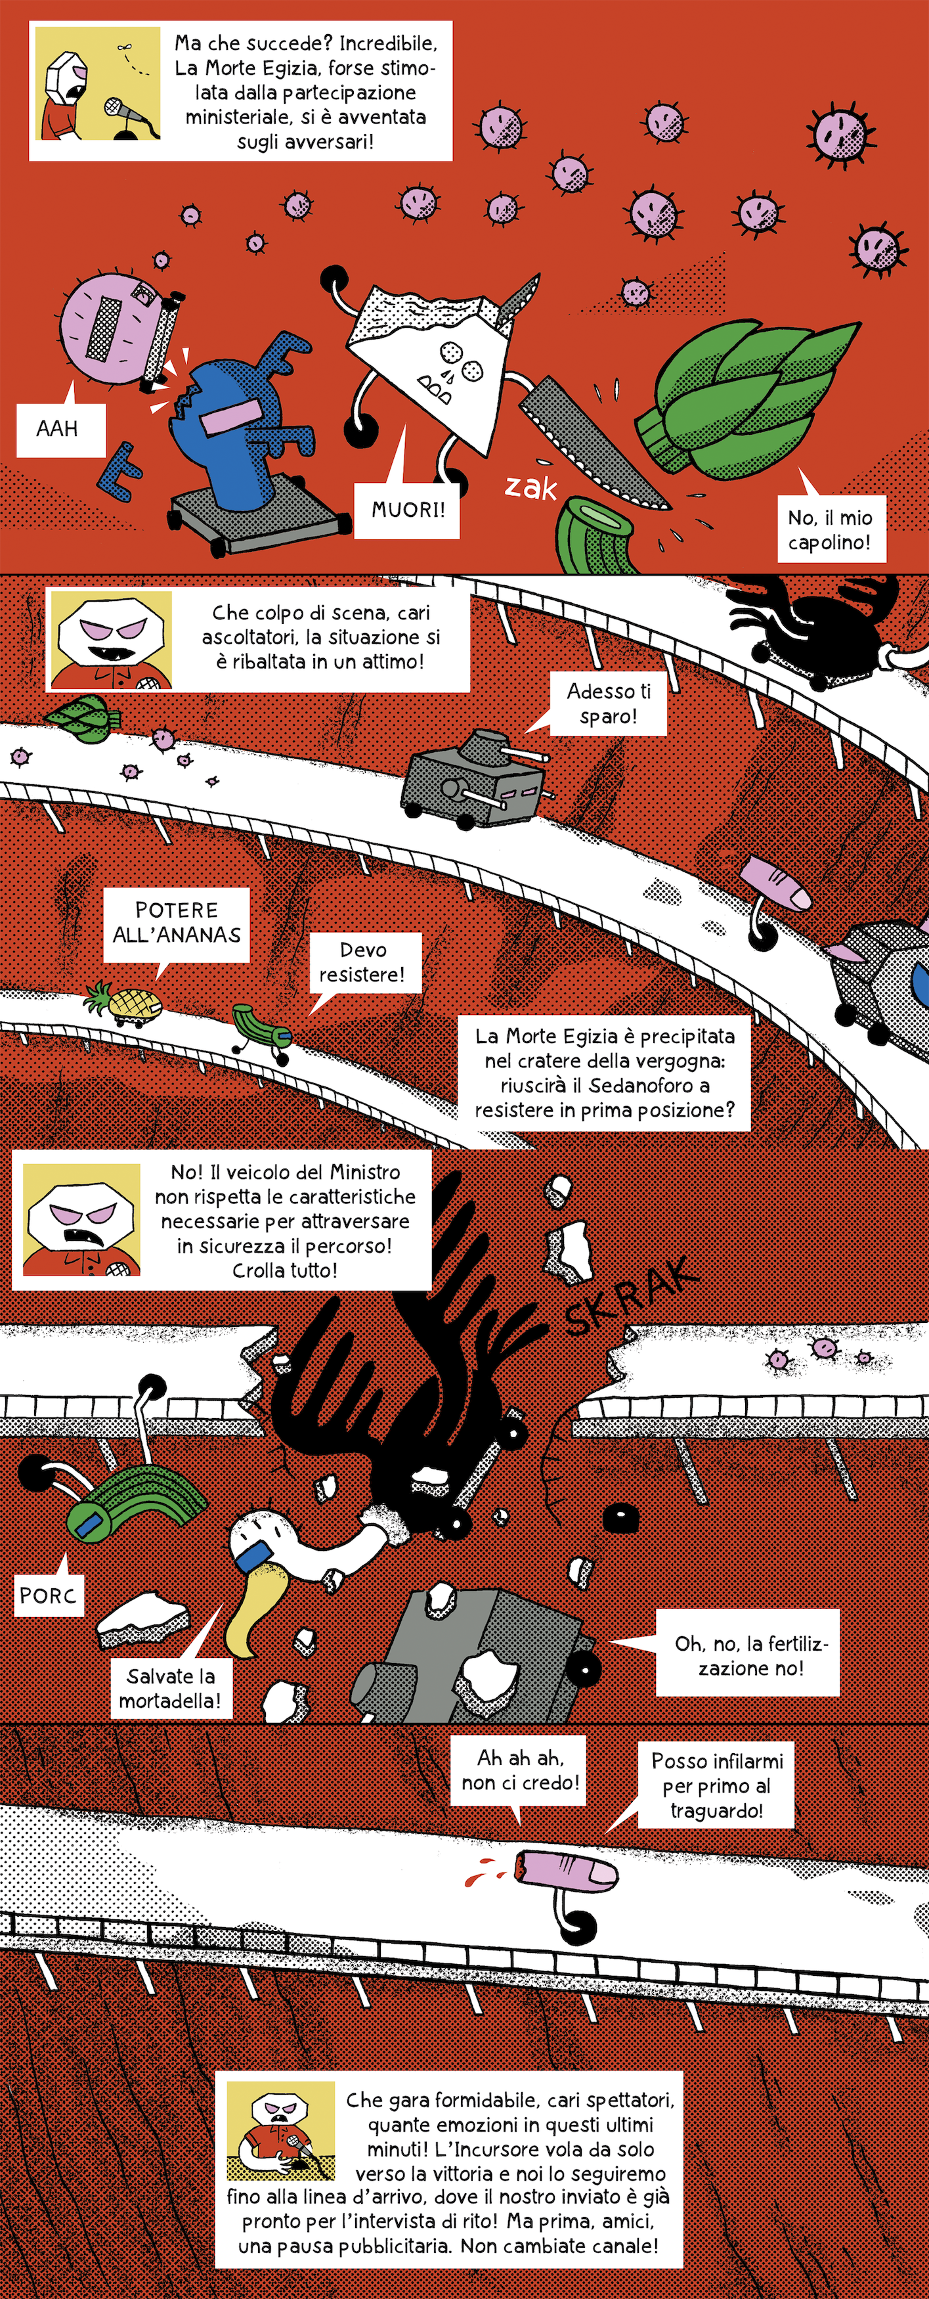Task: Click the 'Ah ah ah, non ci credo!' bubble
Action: point(519,1771)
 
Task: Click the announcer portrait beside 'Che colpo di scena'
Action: point(110,641)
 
